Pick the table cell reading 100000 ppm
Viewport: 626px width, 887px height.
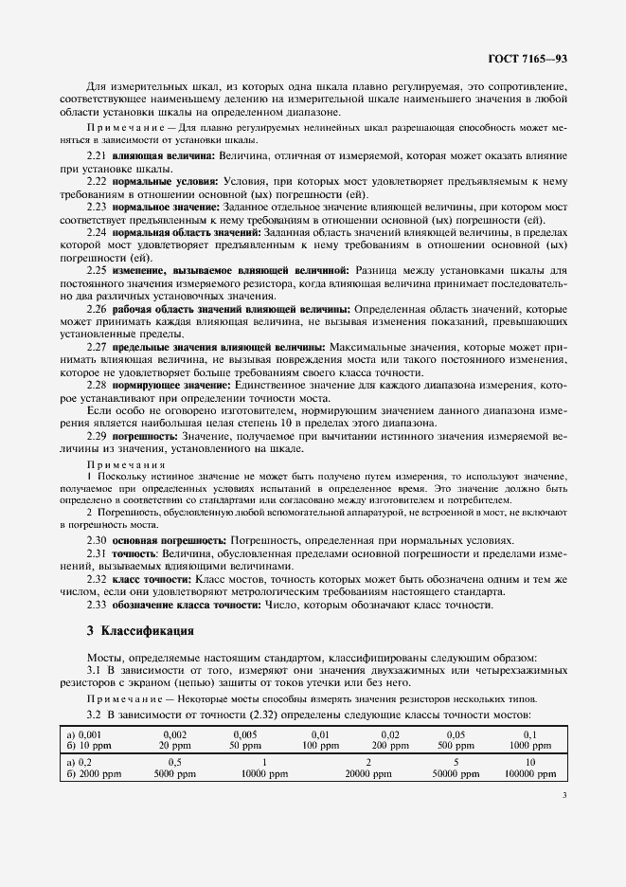(x=530, y=773)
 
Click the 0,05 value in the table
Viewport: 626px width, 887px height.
(x=456, y=734)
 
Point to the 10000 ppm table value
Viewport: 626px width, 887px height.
(x=264, y=773)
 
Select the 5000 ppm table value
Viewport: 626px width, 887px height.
(x=175, y=773)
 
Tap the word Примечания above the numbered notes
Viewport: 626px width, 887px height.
(x=126, y=464)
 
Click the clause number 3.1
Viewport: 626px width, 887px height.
(x=96, y=671)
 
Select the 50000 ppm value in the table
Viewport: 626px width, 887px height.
(x=456, y=773)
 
